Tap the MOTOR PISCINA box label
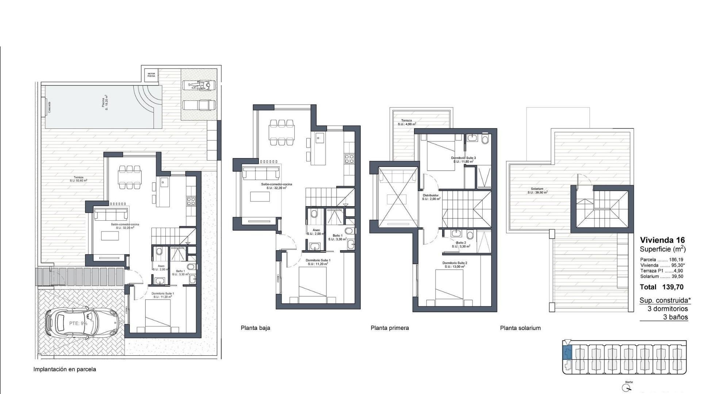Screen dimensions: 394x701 click(151, 75)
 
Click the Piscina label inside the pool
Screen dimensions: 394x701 click(105, 103)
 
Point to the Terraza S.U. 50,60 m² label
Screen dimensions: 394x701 click(78, 179)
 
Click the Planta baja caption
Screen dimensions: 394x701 click(255, 328)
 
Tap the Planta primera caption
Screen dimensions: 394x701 click(390, 328)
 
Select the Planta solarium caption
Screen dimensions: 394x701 click(520, 328)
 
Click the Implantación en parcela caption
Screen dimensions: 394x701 click(65, 369)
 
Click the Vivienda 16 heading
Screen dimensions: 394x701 click(662, 240)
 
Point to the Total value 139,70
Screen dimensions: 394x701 click(673, 287)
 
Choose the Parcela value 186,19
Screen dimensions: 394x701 click(676, 260)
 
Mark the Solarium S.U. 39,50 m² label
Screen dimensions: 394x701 click(537, 190)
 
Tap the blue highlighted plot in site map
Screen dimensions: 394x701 click(567, 353)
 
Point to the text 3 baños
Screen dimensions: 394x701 click(675, 317)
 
